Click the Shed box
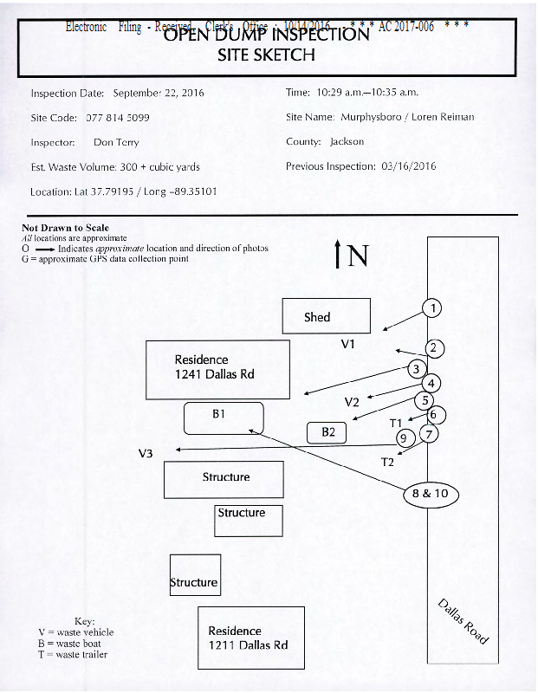point(326,316)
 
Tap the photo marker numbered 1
point(432,308)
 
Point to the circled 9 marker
point(402,438)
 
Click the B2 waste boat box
point(327,431)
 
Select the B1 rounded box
point(223,418)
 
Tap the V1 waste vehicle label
point(348,345)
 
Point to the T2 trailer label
point(387,462)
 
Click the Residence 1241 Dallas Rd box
point(217,369)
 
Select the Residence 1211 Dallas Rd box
point(251,638)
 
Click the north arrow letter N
point(358,256)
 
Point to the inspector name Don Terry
point(116,142)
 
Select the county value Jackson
point(347,141)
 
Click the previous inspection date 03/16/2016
point(408,166)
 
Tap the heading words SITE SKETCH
point(266,55)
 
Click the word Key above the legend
point(84,621)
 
